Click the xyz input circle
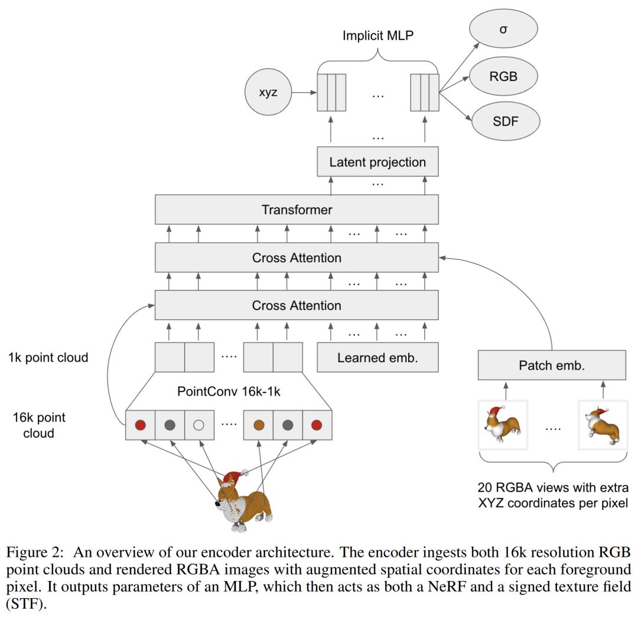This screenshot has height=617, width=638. (x=268, y=93)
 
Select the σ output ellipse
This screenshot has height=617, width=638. (x=503, y=28)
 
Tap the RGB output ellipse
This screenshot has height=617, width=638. (x=503, y=76)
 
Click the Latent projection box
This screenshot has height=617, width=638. (x=377, y=162)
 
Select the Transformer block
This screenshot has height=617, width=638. (x=297, y=210)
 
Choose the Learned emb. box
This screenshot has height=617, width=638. (x=377, y=357)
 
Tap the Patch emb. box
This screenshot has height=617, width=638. (x=551, y=365)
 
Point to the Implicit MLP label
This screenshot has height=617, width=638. (x=378, y=35)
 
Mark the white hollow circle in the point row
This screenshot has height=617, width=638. (x=199, y=425)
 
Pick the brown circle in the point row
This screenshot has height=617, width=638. (x=258, y=425)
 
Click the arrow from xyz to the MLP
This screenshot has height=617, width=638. (x=303, y=93)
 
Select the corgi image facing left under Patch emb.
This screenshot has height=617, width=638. (x=503, y=423)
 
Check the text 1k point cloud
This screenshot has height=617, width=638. (x=48, y=357)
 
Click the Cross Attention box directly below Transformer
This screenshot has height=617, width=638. (x=297, y=258)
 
